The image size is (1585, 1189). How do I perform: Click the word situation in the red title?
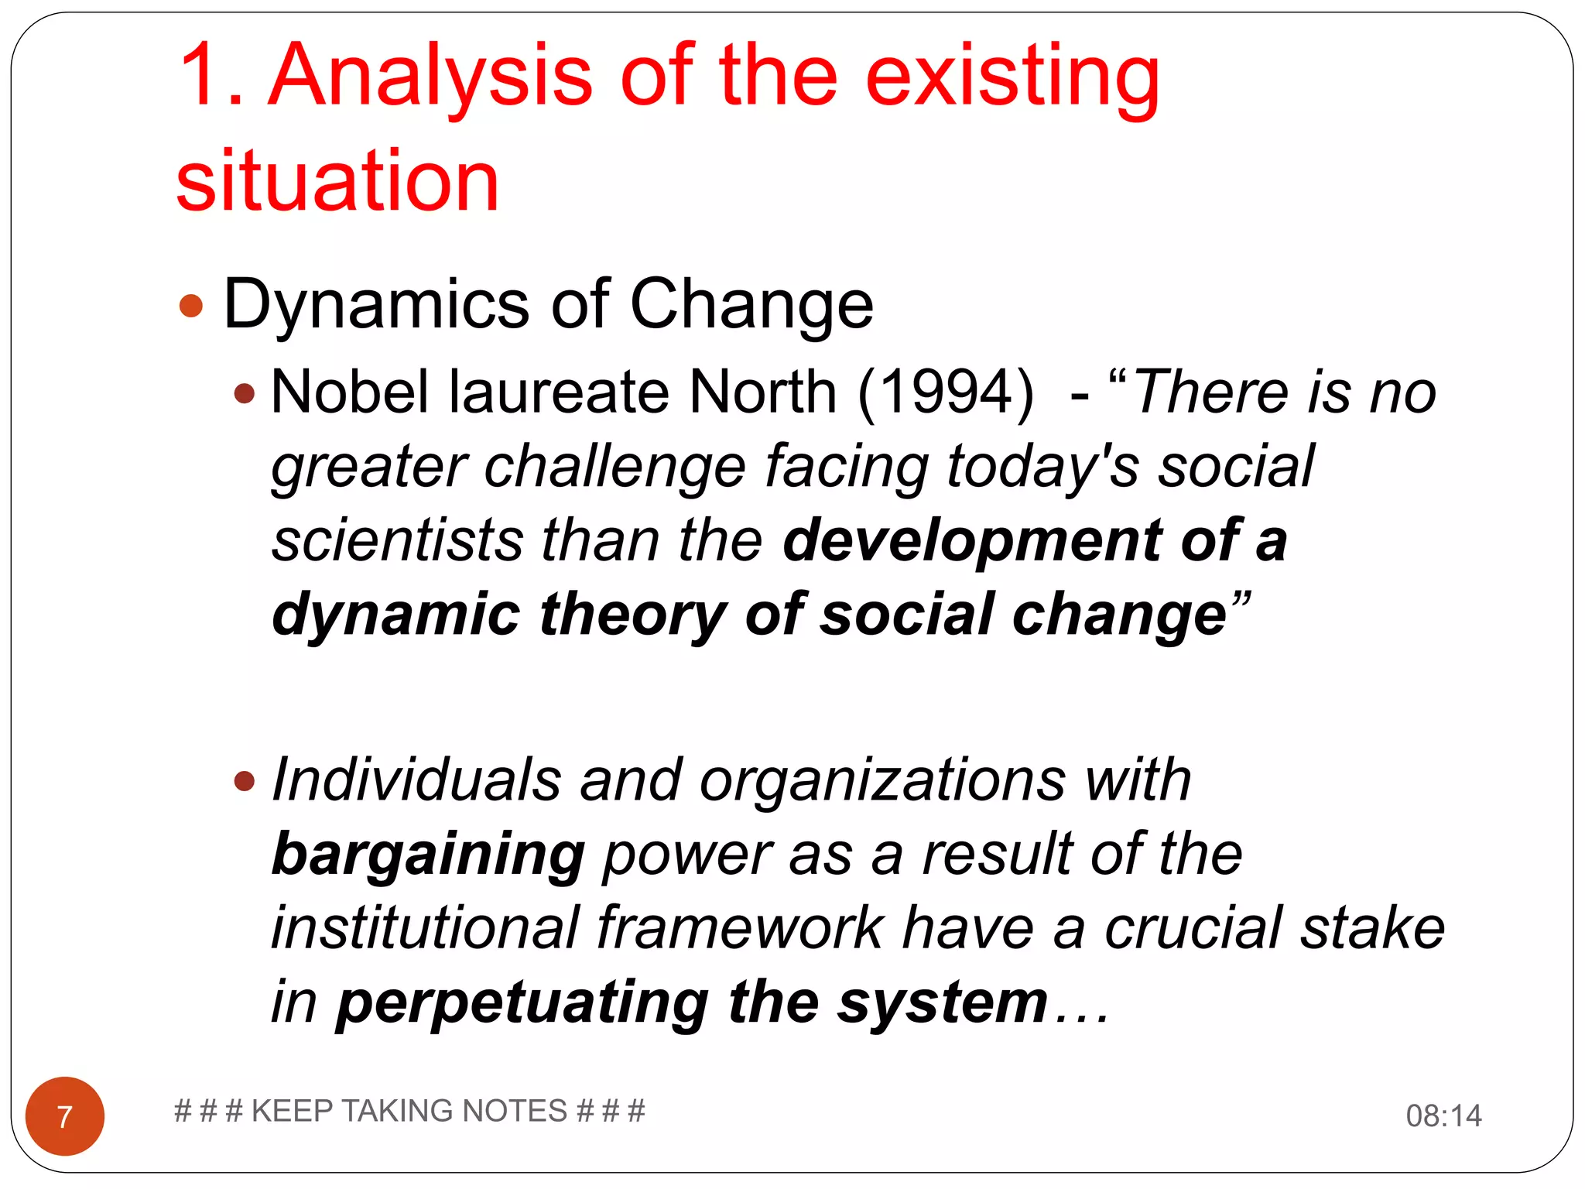(337, 181)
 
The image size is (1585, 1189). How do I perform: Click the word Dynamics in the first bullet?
(376, 305)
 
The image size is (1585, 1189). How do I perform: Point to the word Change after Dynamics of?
(751, 305)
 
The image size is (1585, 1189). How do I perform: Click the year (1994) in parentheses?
(946, 392)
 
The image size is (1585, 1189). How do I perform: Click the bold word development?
(972, 541)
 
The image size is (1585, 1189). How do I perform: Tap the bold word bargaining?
(428, 855)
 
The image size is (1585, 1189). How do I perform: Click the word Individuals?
(416, 780)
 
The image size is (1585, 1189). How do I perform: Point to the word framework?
(740, 929)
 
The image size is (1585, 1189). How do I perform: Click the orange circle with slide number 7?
(65, 1116)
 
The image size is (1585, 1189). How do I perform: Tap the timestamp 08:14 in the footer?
(1443, 1116)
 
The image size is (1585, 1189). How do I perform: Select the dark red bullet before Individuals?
(245, 781)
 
